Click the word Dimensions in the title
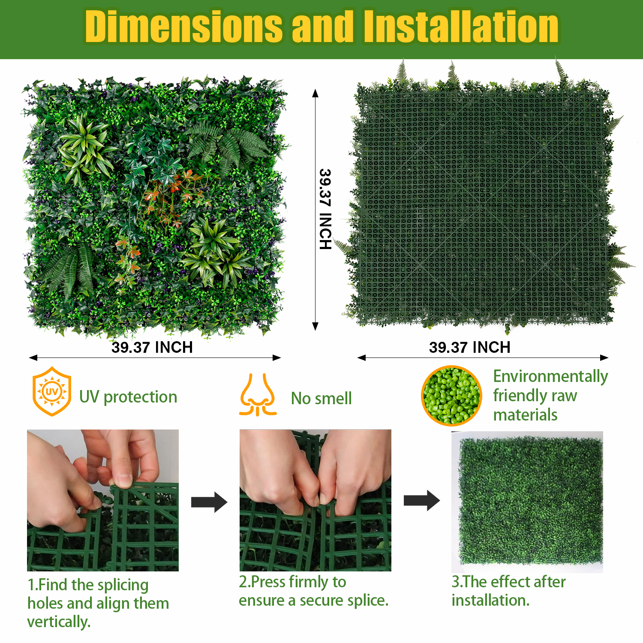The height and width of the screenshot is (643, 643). tap(184, 26)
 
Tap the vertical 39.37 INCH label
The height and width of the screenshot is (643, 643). tap(325, 209)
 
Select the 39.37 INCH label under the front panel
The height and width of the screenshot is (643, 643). tap(152, 347)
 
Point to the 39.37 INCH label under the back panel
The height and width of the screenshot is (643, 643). tap(470, 347)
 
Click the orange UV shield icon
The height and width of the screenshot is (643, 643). tap(52, 391)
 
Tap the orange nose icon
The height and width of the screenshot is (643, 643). tap(258, 395)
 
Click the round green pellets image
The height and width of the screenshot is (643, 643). tap(451, 396)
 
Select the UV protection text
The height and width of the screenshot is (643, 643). tap(128, 397)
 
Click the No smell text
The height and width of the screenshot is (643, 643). tap(321, 398)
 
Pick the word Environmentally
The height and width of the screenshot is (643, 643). tap(551, 376)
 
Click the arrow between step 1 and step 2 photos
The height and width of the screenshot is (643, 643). tap(209, 502)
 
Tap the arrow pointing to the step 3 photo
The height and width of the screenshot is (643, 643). tap(422, 501)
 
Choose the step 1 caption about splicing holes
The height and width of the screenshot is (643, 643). tap(98, 603)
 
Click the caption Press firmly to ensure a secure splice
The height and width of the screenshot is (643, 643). tap(314, 591)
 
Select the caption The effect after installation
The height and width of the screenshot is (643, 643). tap(509, 591)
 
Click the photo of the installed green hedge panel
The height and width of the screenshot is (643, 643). tap(527, 502)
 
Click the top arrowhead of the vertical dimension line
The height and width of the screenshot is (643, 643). tap(315, 93)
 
